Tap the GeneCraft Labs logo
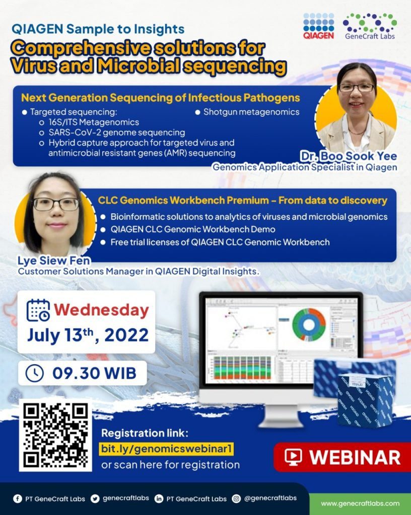pyautogui.click(x=369, y=26)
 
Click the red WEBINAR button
pyautogui.click(x=342, y=457)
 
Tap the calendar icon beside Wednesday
pyautogui.click(x=38, y=310)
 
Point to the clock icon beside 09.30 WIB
pyautogui.click(x=34, y=373)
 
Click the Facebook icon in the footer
pyautogui.click(x=18, y=498)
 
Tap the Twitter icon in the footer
pyautogui.click(x=95, y=498)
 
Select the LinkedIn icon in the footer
pyautogui.click(x=159, y=498)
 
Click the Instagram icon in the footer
pyautogui.click(x=236, y=498)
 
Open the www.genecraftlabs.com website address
pyautogui.click(x=360, y=503)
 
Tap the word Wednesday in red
pyautogui.click(x=101, y=310)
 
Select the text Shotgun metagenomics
pyautogui.click(x=251, y=112)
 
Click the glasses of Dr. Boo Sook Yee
pyautogui.click(x=356, y=88)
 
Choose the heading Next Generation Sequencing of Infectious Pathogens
pyautogui.click(x=160, y=98)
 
